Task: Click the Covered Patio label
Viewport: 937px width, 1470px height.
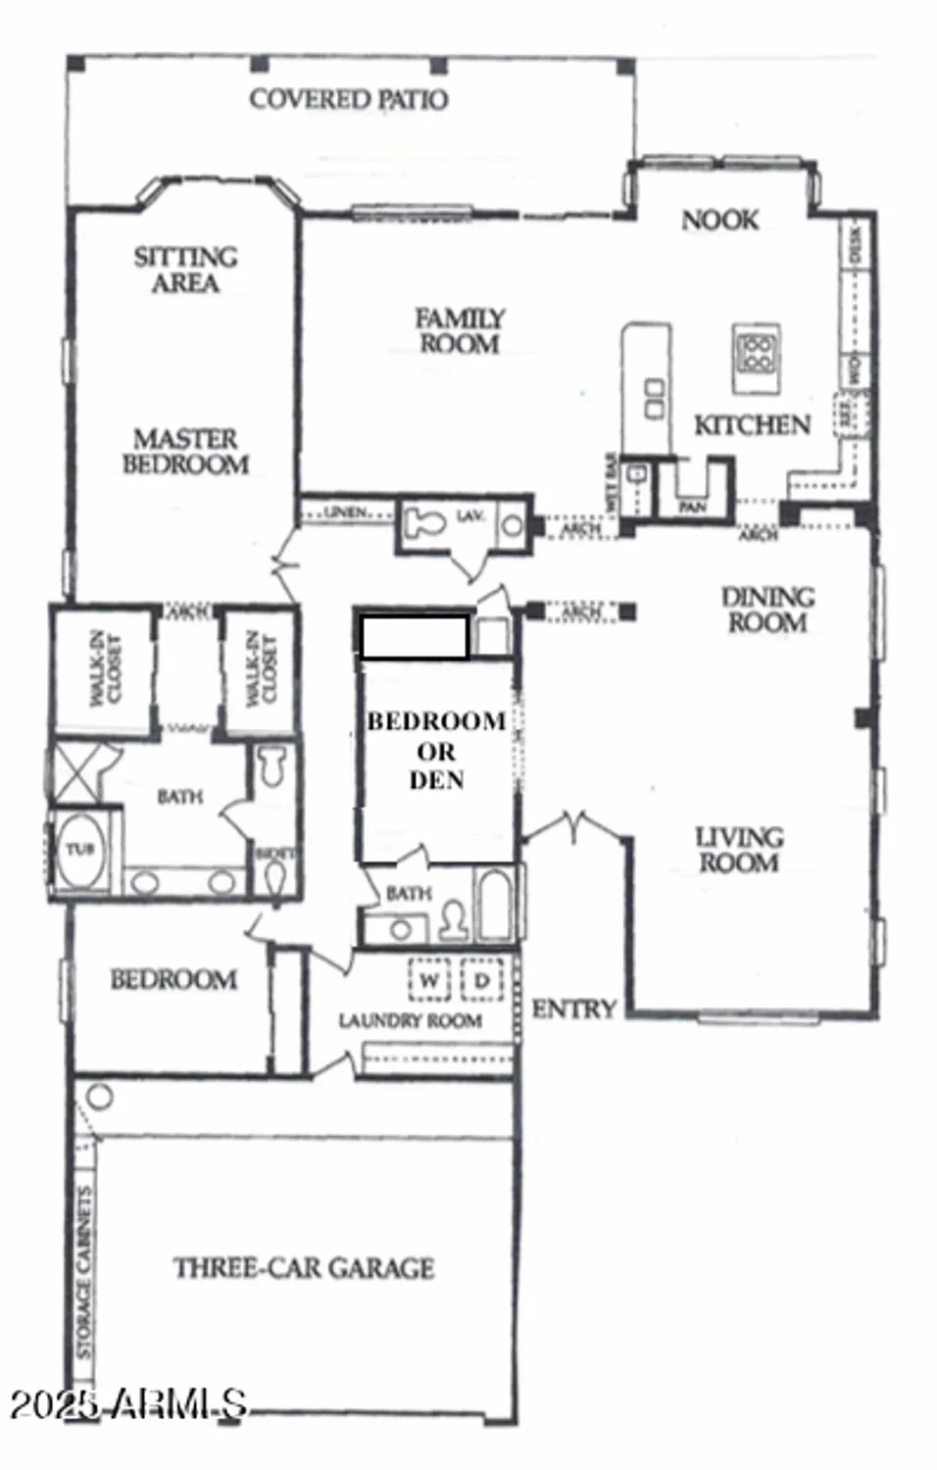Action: pos(349,99)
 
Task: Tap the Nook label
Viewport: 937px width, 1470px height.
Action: pos(720,220)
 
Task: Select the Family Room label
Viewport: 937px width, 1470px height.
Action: pos(459,331)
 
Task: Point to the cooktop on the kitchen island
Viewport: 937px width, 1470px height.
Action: pos(757,352)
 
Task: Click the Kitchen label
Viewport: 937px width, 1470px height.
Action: pos(752,425)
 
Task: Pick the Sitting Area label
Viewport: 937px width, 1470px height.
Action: pos(185,269)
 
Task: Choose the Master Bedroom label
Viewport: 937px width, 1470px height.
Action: pos(185,451)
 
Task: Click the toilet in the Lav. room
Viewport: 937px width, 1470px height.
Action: pos(424,521)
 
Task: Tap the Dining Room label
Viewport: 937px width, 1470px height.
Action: pos(767,609)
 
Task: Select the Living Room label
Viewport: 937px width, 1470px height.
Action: pos(739,850)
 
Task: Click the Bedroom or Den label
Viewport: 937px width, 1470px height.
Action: pos(436,751)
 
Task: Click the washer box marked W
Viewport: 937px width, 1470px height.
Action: pos(428,980)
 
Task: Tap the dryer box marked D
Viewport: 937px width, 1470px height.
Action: pos(481,980)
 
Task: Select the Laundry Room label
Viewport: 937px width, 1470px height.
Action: pos(410,1021)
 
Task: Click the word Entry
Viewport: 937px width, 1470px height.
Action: pos(574,1008)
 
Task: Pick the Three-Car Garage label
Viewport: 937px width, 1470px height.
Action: pos(304,1268)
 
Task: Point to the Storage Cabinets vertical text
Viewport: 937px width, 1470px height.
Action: pos(84,1272)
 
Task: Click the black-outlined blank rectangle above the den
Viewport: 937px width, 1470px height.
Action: pos(414,636)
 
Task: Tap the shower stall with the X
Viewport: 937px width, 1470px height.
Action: pos(73,772)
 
